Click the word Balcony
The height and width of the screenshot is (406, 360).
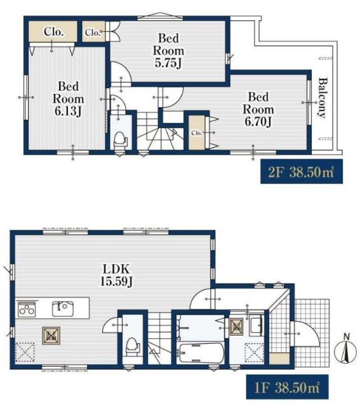(322, 98)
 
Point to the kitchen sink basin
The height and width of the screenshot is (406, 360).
(62, 308)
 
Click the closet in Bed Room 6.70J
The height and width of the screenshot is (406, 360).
(196, 133)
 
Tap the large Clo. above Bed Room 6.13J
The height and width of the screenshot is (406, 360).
(52, 31)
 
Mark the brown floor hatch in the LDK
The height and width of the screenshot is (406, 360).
(51, 335)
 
